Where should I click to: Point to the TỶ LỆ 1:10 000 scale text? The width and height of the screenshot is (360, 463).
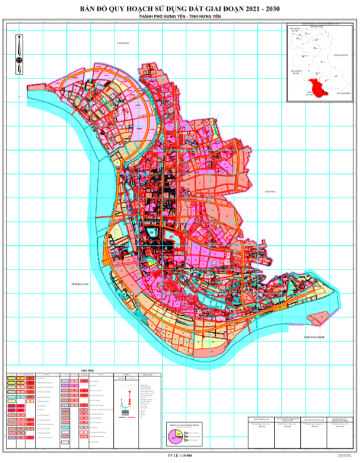[180, 457]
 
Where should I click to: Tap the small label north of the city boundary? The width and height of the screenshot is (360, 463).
[123, 43]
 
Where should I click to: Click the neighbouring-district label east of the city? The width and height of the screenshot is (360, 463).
[270, 192]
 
